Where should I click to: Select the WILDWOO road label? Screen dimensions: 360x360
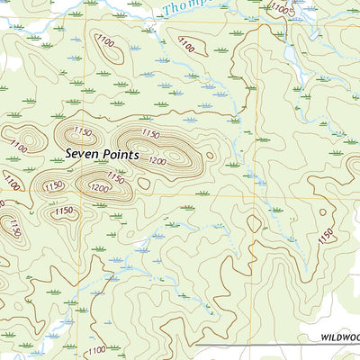(339, 337)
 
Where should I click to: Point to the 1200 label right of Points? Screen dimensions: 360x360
(158, 161)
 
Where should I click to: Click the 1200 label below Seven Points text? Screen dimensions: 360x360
(100, 188)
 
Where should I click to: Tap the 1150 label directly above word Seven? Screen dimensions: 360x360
(83, 131)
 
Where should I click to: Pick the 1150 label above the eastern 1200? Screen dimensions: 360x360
(150, 134)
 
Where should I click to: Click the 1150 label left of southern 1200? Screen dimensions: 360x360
(53, 185)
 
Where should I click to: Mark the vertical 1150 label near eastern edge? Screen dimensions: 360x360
(325, 236)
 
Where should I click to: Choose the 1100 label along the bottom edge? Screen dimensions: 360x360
(96, 349)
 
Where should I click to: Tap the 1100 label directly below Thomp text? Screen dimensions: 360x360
(186, 42)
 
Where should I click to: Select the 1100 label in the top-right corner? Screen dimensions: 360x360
(281, 9)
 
